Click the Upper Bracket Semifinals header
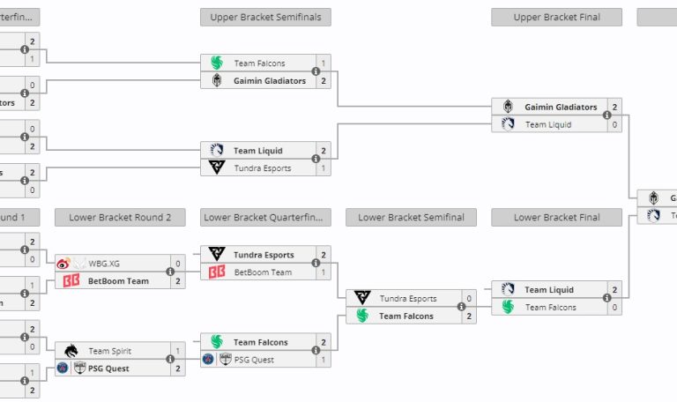click(265, 17)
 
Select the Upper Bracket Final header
click(556, 17)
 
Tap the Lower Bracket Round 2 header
click(120, 217)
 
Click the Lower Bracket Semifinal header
click(411, 217)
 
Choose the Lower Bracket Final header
click(556, 217)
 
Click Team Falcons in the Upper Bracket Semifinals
click(259, 63)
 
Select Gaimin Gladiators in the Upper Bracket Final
click(561, 108)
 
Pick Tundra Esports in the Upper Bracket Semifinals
click(262, 168)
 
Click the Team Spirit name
click(109, 351)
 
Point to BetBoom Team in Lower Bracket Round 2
click(118, 281)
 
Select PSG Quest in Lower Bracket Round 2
click(108, 368)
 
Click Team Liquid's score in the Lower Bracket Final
click(614, 290)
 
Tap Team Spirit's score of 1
click(178, 351)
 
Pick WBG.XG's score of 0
click(178, 264)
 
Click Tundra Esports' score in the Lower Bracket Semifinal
click(469, 299)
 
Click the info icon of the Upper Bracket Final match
click(606, 115)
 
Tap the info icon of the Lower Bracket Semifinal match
click(461, 308)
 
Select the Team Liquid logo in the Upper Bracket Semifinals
click(217, 151)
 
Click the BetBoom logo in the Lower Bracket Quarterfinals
click(217, 272)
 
